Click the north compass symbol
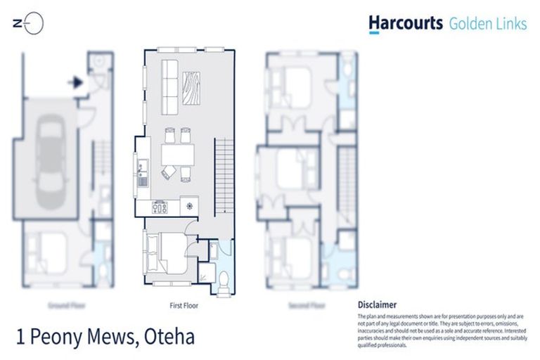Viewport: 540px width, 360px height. [30, 24]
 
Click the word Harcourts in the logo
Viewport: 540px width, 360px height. [405, 24]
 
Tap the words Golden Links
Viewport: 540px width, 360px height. [487, 24]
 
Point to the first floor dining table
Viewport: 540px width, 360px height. [176, 153]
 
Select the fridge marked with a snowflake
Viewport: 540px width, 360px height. [189, 207]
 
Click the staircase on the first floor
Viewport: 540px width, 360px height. [224, 176]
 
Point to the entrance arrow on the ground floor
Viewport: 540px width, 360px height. [75, 82]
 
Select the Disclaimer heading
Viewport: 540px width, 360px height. [377, 305]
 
